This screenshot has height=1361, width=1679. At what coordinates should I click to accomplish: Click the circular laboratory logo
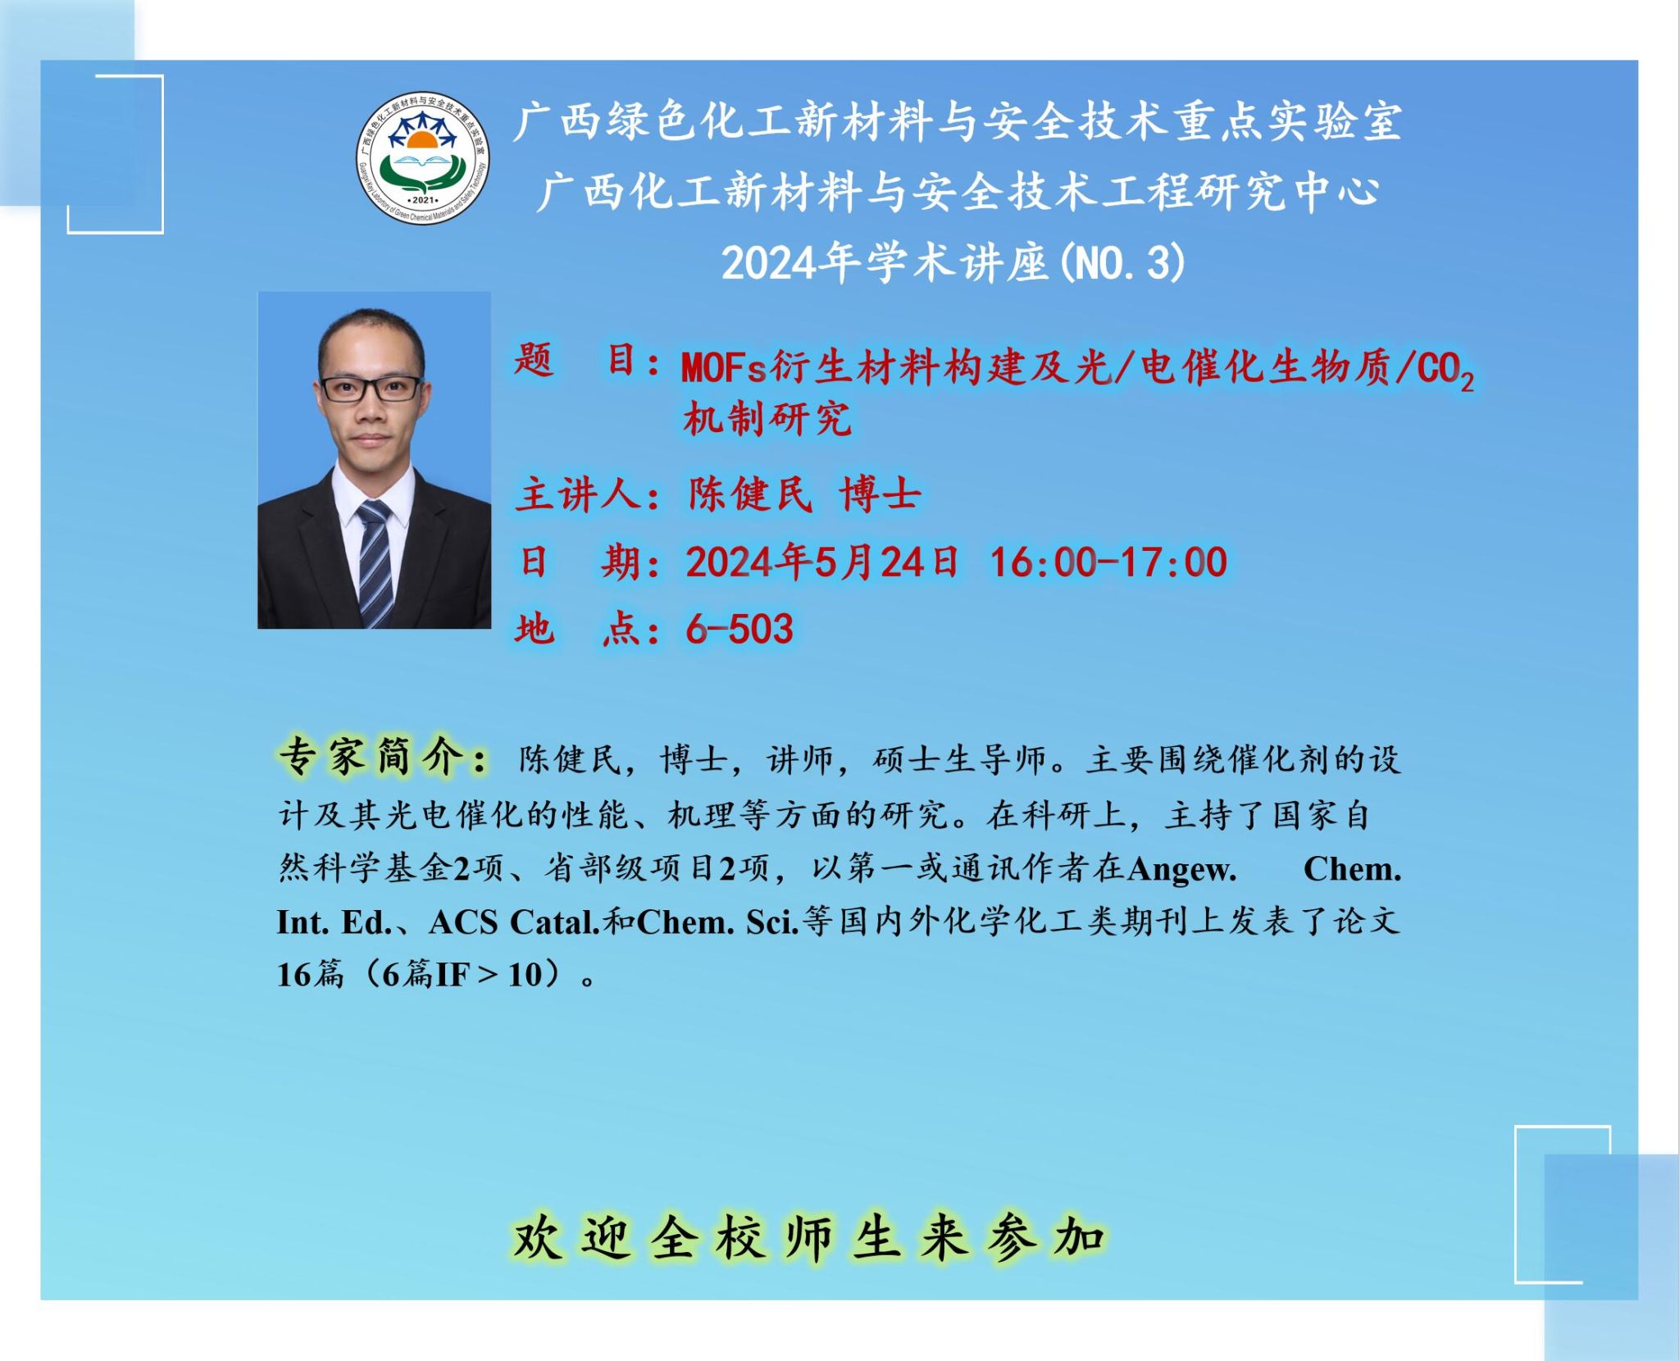point(423,159)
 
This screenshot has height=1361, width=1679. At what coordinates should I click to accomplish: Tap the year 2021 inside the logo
point(423,199)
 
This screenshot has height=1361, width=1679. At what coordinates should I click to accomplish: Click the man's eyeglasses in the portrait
point(371,388)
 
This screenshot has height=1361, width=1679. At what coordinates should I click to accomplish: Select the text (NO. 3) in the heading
point(1122,264)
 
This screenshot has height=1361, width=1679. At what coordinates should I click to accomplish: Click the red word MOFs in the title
point(724,368)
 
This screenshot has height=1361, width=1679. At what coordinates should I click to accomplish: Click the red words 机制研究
point(767,419)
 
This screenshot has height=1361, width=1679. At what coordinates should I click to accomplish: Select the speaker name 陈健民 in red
point(750,494)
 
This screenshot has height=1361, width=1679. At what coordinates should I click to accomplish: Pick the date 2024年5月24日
point(822,562)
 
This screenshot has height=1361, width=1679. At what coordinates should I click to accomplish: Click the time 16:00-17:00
point(1108,562)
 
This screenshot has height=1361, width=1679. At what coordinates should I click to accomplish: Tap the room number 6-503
point(739,630)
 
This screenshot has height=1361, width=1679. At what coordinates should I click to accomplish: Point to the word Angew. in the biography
point(1182,869)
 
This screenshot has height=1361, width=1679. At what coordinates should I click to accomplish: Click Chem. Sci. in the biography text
point(717,922)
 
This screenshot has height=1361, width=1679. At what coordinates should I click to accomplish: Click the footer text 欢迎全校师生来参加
point(808,1237)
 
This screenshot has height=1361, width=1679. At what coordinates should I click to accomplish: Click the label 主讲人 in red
point(577,494)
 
